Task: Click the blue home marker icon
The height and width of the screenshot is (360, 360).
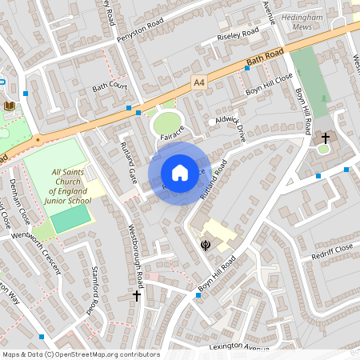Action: (x=180, y=173)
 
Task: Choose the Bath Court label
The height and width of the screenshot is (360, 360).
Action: (x=110, y=86)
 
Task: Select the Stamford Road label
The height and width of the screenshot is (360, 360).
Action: (x=94, y=290)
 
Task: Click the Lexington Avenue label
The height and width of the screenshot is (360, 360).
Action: (x=240, y=346)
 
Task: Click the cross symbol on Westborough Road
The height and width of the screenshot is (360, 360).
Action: (x=136, y=296)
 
